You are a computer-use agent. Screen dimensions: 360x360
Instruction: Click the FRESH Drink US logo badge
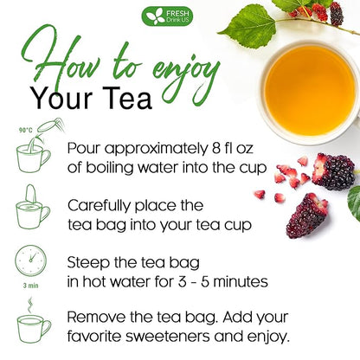coord(168,16)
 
